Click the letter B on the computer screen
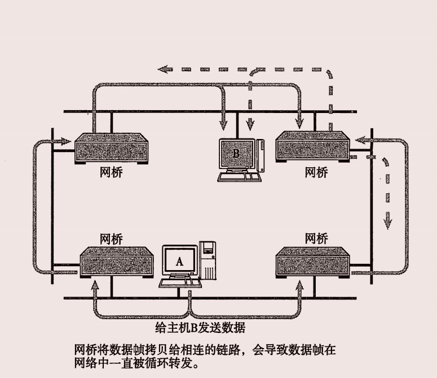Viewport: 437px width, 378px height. tap(236, 153)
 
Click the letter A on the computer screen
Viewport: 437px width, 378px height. tap(180, 261)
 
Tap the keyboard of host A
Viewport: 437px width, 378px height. tap(182, 281)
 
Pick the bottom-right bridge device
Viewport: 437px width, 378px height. tap(314, 262)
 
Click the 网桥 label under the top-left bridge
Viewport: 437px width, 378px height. tap(111, 172)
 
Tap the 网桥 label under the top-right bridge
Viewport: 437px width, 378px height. tap(316, 172)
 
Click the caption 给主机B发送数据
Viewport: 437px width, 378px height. tap(200, 327)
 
